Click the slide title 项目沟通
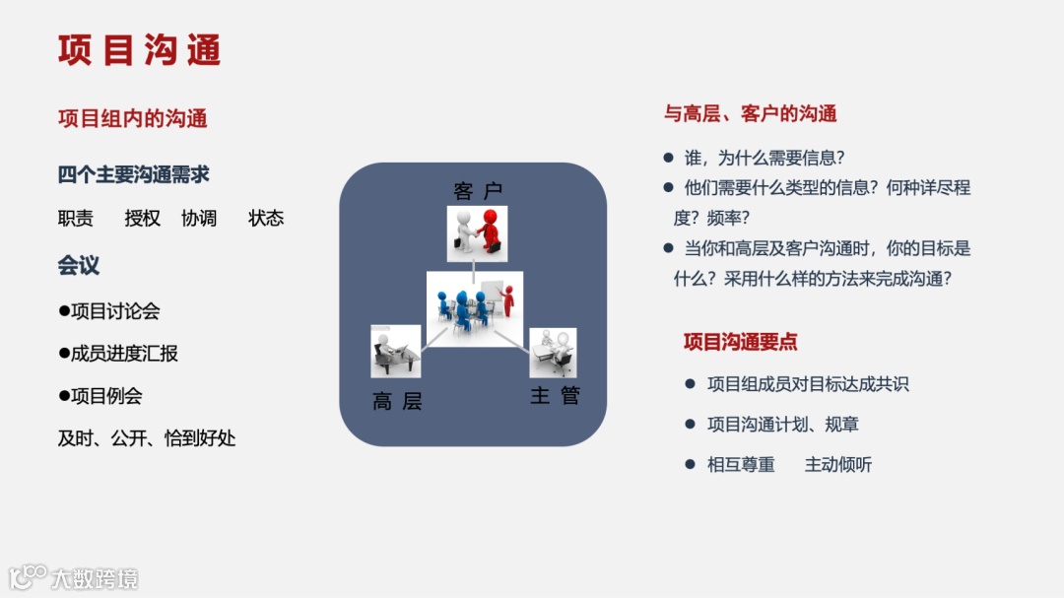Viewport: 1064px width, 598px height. [x=139, y=50]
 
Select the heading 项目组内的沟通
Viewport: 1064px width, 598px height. [x=133, y=119]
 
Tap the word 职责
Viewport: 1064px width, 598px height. [x=76, y=218]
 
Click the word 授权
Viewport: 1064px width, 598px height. [x=143, y=218]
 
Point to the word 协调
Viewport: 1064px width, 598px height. [x=199, y=218]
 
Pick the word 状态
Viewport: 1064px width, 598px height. [x=266, y=218]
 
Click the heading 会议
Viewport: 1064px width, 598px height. [x=79, y=265]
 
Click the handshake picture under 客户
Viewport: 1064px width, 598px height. [x=477, y=233]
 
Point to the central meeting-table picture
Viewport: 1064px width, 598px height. [x=475, y=308]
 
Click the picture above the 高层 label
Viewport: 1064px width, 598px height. [x=395, y=352]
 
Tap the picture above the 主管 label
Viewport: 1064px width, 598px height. [x=553, y=353]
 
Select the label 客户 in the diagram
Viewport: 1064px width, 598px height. [x=478, y=191]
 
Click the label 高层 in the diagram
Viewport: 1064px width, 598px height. [x=397, y=401]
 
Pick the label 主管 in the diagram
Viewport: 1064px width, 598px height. [x=555, y=396]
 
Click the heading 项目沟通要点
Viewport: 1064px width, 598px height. [x=741, y=342]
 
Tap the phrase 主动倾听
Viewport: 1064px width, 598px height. [x=838, y=464]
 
